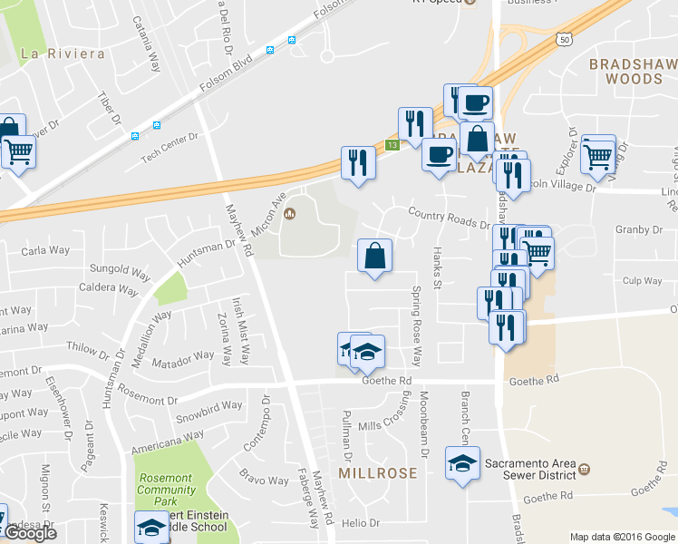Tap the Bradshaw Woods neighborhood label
point(625,72)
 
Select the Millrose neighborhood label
point(378,473)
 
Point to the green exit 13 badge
point(392,145)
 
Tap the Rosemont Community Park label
point(166,484)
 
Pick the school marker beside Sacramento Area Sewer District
point(462,464)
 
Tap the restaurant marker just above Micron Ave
point(357,163)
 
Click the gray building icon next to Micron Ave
point(290,214)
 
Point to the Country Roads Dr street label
point(449,217)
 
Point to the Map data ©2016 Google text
point(622,537)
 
